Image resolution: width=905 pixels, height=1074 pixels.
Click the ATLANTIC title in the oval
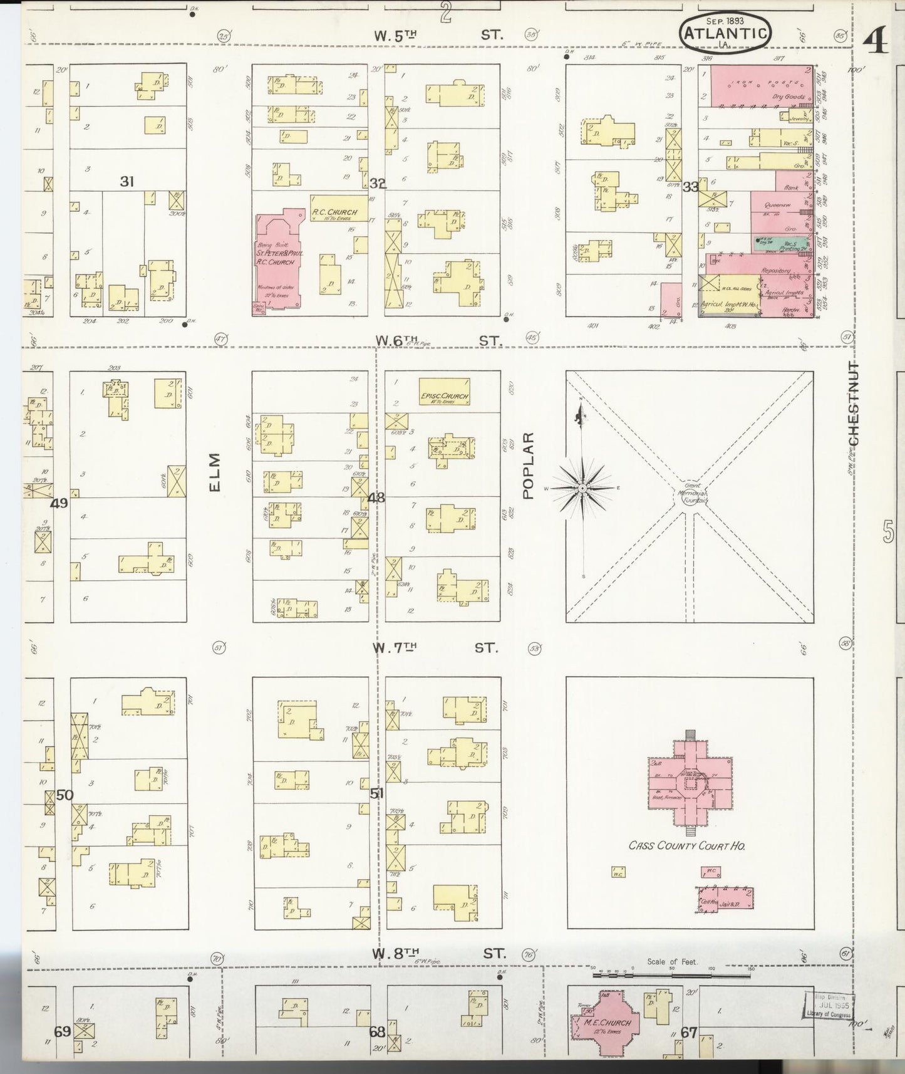[x=725, y=33]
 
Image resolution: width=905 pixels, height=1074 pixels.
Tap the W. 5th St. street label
[x=438, y=36]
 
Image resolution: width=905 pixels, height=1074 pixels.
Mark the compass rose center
[x=582, y=487]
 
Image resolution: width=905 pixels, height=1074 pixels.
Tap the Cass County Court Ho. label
[x=686, y=845]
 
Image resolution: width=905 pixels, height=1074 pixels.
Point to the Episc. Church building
[x=444, y=392]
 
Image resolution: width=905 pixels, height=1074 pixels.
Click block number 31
[x=128, y=182]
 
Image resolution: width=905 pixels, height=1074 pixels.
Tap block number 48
[x=376, y=498]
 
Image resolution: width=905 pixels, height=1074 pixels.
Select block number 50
[x=65, y=795]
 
